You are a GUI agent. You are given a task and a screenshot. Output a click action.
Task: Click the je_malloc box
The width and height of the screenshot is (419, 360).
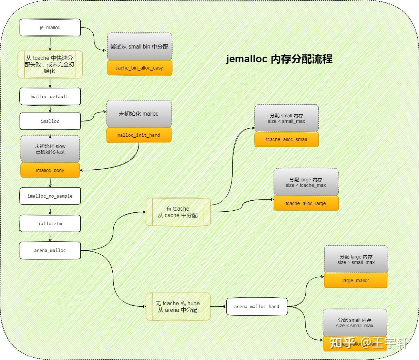(x=50, y=28)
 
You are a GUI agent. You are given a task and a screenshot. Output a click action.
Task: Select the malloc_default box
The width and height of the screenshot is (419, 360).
(x=50, y=96)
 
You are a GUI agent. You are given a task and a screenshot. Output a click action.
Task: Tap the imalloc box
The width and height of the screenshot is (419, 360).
(x=50, y=121)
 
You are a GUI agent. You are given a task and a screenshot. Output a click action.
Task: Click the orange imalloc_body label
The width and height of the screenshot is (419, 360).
(x=50, y=170)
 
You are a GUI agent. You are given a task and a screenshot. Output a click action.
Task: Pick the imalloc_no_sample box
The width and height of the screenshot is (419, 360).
(x=50, y=196)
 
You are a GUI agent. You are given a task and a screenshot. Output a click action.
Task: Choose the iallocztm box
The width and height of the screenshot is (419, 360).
(x=50, y=223)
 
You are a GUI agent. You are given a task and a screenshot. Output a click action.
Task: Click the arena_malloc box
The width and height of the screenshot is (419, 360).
(x=50, y=250)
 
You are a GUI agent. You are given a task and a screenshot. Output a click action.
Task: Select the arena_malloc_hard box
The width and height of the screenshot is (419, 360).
(x=257, y=306)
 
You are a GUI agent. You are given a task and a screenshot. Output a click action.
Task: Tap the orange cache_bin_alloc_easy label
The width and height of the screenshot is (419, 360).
(x=139, y=68)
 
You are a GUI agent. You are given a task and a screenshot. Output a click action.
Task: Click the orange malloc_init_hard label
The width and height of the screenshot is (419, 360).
(x=139, y=135)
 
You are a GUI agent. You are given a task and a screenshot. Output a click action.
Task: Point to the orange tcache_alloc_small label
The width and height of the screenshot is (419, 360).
(x=286, y=139)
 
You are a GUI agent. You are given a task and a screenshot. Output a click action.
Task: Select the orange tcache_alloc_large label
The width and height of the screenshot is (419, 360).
(x=306, y=203)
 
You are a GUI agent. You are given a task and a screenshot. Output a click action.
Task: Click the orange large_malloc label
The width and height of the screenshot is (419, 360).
(x=356, y=280)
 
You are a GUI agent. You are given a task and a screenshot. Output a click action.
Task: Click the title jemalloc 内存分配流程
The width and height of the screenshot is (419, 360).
(x=279, y=59)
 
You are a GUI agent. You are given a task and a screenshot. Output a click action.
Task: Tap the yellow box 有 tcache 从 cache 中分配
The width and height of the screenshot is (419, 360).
(x=178, y=212)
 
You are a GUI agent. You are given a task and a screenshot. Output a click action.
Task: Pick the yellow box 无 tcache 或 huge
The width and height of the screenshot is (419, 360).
(x=178, y=306)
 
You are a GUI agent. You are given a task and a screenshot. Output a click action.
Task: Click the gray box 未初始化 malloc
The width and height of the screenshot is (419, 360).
(x=139, y=114)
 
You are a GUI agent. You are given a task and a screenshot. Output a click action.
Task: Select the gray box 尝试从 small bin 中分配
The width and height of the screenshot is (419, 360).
(x=139, y=46)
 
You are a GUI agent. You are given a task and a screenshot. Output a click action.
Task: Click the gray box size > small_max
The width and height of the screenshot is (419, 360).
(x=356, y=260)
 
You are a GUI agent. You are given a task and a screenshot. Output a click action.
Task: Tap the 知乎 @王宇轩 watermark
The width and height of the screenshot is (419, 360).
(x=369, y=343)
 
